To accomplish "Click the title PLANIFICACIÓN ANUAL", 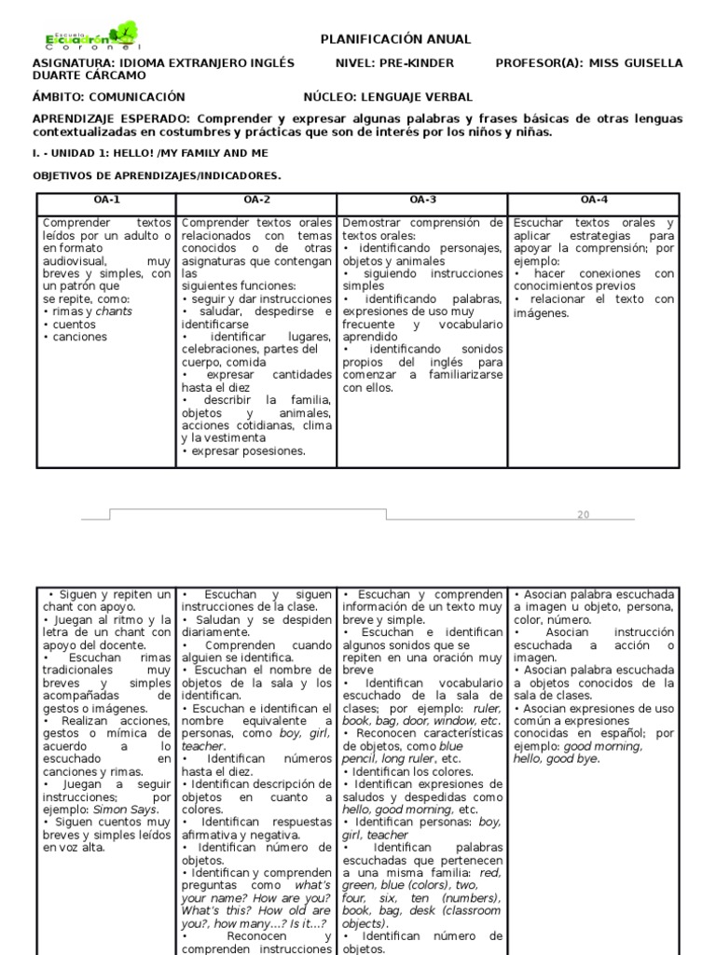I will [x=395, y=39].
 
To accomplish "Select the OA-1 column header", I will [x=105, y=200].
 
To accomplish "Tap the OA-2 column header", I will [x=256, y=200].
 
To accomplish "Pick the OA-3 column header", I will [x=422, y=200].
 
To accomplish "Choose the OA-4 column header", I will [x=594, y=200].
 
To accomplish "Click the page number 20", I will [x=584, y=515].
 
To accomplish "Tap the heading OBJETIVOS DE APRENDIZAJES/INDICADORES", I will [x=157, y=175].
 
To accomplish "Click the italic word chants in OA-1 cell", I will [x=114, y=311].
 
